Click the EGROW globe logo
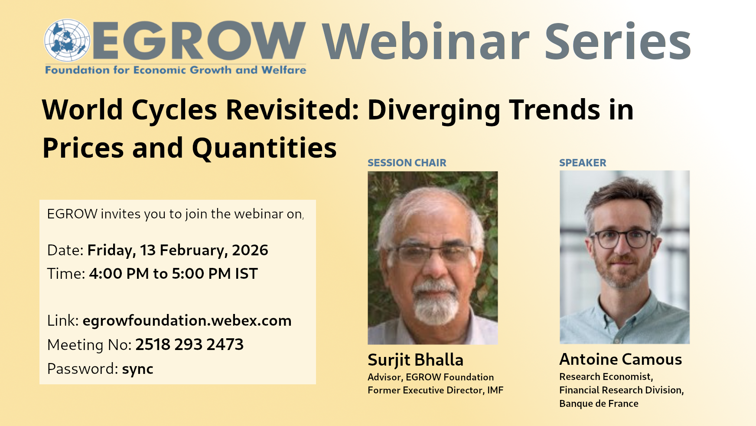pos(67,40)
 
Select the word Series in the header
pos(617,42)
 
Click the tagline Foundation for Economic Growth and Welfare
pos(176,70)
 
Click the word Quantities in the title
pos(264,148)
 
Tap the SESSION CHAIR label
pos(407,163)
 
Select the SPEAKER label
pos(583,163)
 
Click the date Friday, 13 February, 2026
pos(178,250)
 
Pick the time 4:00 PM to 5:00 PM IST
pos(173,274)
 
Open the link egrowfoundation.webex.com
pos(187,320)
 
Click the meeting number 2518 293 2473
pos(189,344)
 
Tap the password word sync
pos(138,369)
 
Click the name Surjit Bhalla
pos(415,360)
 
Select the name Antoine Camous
pos(620,359)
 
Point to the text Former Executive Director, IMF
pos(435,390)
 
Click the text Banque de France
pos(599,403)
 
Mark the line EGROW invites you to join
pos(175,214)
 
